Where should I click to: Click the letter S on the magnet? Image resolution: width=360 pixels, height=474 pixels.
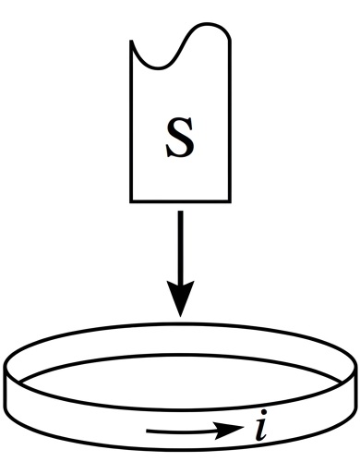pyautogui.click(x=180, y=138)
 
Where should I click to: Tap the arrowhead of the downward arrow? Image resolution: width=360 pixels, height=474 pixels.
pyautogui.click(x=180, y=298)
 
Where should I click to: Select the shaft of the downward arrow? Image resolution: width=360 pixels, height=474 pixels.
pyautogui.click(x=181, y=247)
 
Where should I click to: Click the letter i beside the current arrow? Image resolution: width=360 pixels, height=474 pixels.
pyautogui.click(x=261, y=425)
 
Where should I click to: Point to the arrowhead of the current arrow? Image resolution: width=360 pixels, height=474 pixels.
pyautogui.click(x=228, y=429)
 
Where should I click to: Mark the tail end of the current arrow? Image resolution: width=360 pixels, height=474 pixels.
pyautogui.click(x=147, y=431)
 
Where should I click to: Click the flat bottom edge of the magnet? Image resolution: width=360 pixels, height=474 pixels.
pyautogui.click(x=180, y=201)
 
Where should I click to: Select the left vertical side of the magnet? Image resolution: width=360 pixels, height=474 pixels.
pyautogui.click(x=131, y=121)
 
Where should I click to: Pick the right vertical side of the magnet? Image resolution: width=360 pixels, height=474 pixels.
pyautogui.click(x=229, y=121)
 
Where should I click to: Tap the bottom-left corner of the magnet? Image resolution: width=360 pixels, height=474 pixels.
pyautogui.click(x=131, y=201)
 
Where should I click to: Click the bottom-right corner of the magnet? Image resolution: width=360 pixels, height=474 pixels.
pyautogui.click(x=230, y=201)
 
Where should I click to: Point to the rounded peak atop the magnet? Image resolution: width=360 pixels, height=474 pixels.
pyautogui.click(x=209, y=24)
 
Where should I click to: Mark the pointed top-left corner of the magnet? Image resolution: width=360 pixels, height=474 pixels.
pyautogui.click(x=131, y=41)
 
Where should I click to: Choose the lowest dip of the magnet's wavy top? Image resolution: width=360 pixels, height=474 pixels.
pyautogui.click(x=158, y=67)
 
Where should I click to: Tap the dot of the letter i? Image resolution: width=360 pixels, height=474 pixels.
pyautogui.click(x=263, y=412)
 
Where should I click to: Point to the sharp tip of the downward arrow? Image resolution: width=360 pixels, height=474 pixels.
pyautogui.click(x=180, y=317)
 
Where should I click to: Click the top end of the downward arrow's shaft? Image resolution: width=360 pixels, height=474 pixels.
pyautogui.click(x=181, y=212)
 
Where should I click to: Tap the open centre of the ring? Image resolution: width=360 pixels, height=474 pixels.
pyautogui.click(x=180, y=382)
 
